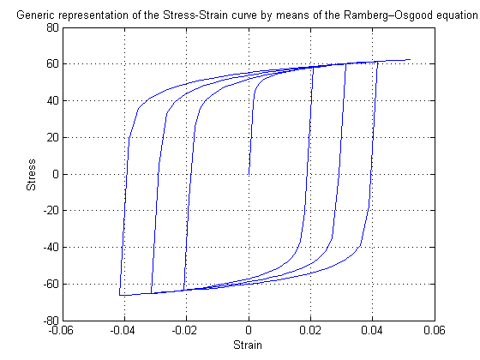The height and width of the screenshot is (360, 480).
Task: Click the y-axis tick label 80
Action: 52,27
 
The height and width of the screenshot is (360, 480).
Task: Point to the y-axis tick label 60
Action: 52,64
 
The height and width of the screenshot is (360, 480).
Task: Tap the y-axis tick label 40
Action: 52,101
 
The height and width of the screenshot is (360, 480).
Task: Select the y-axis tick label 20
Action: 52,137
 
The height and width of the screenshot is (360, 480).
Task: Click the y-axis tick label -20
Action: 51,211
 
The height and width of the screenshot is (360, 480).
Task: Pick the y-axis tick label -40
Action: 51,248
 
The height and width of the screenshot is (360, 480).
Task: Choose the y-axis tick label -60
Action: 51,284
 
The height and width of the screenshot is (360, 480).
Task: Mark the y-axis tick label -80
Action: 51,321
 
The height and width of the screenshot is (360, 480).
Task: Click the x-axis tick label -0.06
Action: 61,330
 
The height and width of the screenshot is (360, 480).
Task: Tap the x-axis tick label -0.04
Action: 123,330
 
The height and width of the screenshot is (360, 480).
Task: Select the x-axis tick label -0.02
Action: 184,330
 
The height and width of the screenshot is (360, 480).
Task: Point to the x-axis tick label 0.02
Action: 310,330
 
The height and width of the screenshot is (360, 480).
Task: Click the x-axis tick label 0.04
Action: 372,330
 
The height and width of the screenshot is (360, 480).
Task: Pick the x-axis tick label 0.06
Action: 434,330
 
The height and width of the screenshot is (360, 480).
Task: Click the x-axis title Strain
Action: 248,345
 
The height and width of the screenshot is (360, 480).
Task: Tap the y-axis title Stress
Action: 31,175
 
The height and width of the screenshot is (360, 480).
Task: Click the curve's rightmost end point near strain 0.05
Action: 410,60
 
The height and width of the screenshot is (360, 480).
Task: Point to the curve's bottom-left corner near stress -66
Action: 119,296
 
